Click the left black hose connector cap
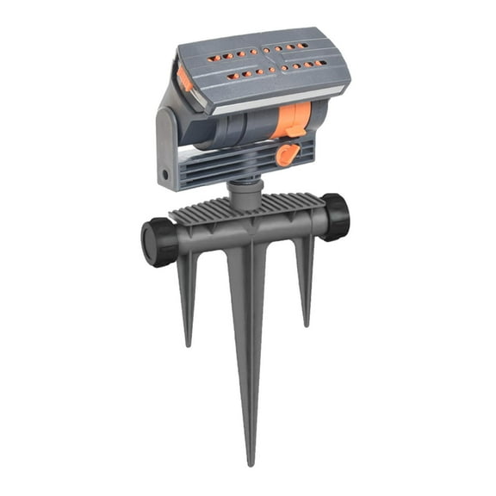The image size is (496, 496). [159, 241]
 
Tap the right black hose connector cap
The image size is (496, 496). [336, 215]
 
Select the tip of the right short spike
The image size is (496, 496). [305, 325]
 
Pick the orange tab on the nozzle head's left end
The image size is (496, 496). [186, 80]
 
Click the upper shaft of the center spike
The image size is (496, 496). [245, 284]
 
